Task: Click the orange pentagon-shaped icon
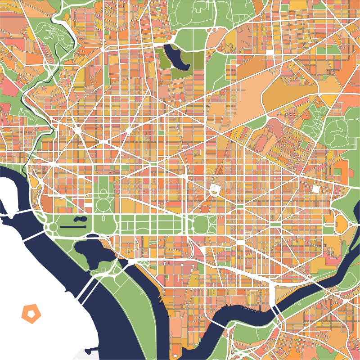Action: (x=31, y=314)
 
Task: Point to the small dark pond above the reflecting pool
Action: (x=80, y=219)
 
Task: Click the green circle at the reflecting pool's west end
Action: (x=53, y=227)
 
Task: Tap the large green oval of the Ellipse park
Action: (x=104, y=205)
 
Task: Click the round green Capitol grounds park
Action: (x=201, y=224)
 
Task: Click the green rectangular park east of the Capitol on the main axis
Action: (x=274, y=224)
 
